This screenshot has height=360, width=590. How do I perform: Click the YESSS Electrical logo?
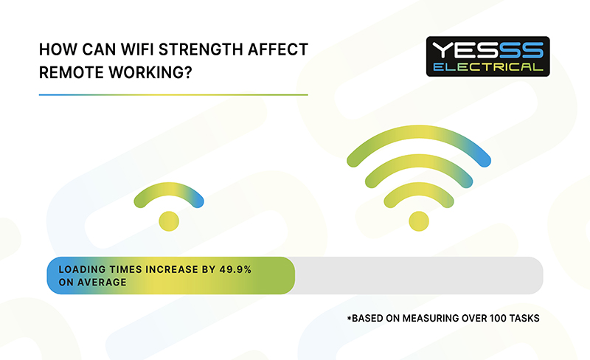click(x=487, y=57)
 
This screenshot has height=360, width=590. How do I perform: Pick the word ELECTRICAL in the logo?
click(x=488, y=67)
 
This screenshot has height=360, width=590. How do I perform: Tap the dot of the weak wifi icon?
click(x=169, y=221)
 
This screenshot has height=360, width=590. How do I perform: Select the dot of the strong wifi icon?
click(x=419, y=221)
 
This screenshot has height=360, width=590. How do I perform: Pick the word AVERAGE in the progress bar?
click(x=102, y=282)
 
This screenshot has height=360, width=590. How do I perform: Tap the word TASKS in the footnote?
click(x=524, y=318)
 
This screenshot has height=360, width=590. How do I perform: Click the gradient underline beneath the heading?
click(x=173, y=95)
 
